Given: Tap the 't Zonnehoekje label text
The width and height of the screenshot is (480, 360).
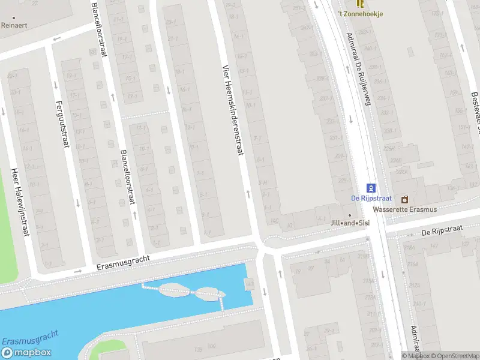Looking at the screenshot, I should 359,14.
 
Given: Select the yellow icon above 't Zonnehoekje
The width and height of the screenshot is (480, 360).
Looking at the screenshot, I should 359,4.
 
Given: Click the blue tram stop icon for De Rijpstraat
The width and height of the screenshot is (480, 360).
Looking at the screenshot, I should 371,188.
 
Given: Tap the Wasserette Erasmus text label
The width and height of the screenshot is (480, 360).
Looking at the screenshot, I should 404,209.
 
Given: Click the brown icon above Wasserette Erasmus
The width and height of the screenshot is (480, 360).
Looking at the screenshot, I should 404,199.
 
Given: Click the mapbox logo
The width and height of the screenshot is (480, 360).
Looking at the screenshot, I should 26,353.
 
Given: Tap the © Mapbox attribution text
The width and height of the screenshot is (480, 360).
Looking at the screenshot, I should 415,356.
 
